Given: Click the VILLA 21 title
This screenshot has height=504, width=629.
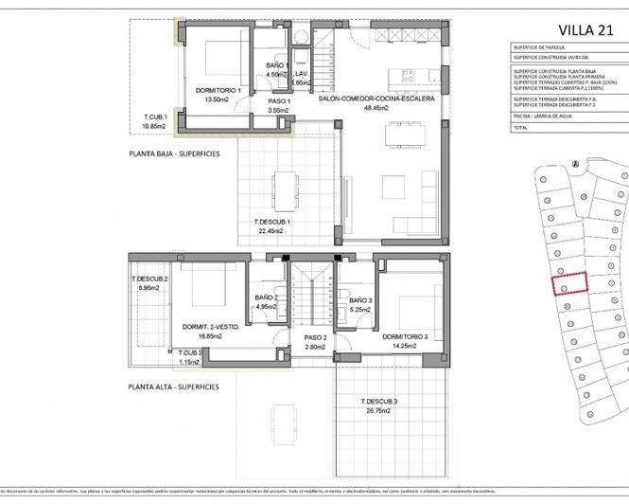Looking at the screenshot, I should pos(580,29).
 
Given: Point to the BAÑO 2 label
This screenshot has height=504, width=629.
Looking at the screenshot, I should pos(266,297).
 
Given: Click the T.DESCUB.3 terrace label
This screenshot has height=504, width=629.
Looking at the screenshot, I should pos(379,403).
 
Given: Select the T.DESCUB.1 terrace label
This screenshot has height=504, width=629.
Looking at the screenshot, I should pos(271,222).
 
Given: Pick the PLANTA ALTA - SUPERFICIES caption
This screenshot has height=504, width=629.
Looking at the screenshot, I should pos(174,387).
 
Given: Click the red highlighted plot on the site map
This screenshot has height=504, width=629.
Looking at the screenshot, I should pos(569,284).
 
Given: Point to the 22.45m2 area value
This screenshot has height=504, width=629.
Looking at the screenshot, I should pos(271,230).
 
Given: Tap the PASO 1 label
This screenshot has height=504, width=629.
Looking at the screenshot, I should pos(278,100).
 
